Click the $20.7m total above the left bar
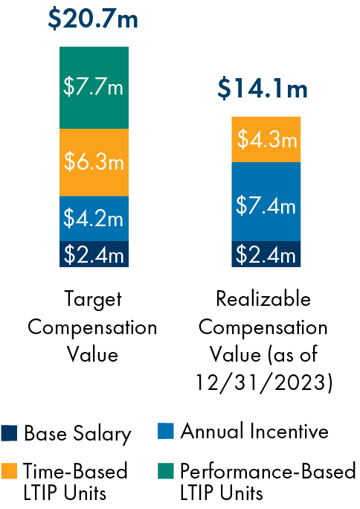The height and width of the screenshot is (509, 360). point(93,18)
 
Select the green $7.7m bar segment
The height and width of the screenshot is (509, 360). point(94,87)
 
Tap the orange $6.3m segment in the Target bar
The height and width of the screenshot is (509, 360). point(94,162)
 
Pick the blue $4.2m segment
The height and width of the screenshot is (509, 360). point(94,218)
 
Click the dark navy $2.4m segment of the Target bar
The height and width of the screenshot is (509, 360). point(94,254)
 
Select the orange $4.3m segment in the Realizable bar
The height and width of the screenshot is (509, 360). point(266,139)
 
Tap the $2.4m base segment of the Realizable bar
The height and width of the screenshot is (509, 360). point(266,254)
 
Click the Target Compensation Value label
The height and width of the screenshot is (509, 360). point(93,327)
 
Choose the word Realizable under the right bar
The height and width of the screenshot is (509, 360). point(263,299)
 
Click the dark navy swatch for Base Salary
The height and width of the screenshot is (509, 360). point(10,433)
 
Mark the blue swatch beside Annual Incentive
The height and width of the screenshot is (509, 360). point(167,432)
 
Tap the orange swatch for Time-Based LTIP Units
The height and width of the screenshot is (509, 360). point(10,471)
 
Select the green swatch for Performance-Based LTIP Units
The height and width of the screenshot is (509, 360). point(167,471)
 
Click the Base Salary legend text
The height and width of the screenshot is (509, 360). point(77,433)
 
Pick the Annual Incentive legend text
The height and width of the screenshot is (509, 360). point(254,432)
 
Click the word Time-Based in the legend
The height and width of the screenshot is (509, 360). point(75,471)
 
